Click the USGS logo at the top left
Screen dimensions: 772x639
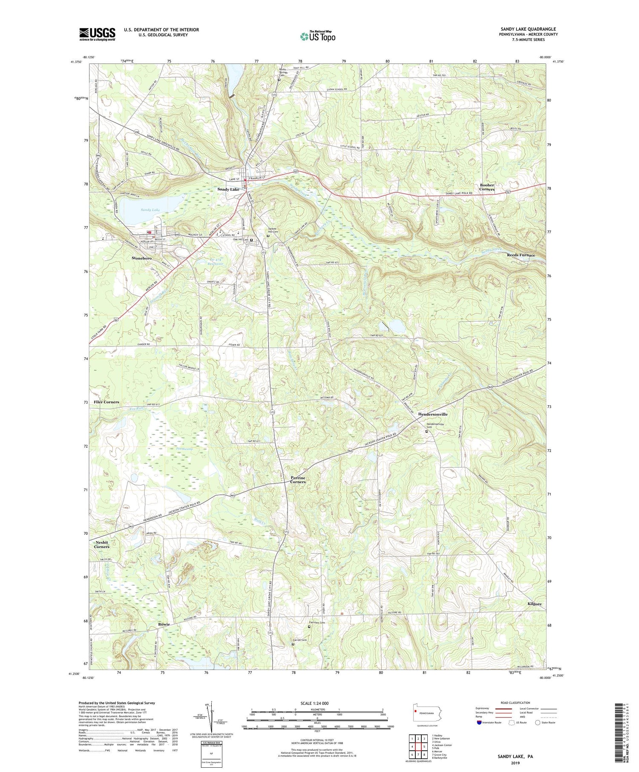tap(97, 34)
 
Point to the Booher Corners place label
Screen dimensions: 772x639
tap(487, 187)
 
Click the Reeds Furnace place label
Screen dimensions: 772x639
tap(521, 255)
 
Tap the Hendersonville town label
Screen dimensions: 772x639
tap(432, 414)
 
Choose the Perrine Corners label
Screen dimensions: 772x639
tap(298, 480)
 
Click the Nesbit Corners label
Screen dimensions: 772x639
tap(102, 544)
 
